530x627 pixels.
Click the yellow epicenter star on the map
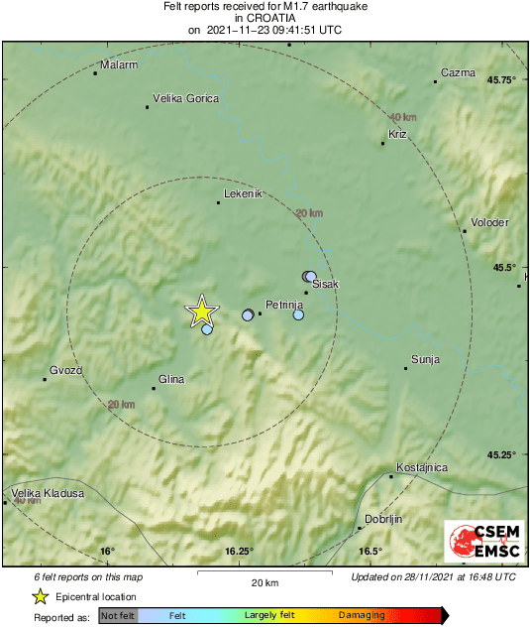[x=202, y=312]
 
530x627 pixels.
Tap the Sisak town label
[x=325, y=285]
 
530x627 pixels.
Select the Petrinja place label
[x=284, y=305]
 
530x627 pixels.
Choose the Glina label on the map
[x=172, y=378]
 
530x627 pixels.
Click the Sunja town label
[x=424, y=359]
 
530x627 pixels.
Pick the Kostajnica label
[x=422, y=467]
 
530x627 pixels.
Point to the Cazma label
[x=459, y=72]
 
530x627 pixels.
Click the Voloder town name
[x=490, y=222]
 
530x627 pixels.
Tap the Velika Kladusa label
[x=47, y=493]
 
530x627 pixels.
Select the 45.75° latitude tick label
[x=501, y=79]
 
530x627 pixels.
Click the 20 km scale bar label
[x=265, y=582]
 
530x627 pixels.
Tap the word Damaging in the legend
[x=362, y=616]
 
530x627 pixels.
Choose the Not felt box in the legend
[x=118, y=616]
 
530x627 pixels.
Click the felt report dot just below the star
[x=207, y=329]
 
